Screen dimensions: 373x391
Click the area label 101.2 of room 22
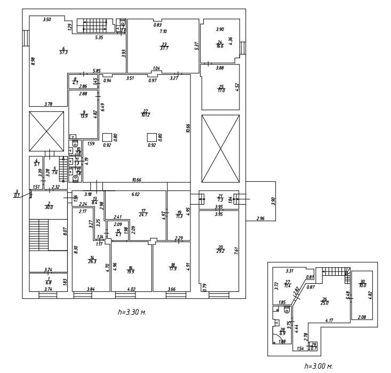click(145, 114)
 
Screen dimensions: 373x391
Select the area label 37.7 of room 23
click(164, 48)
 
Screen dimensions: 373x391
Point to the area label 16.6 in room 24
click(220, 47)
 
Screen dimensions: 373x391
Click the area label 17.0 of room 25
click(221, 90)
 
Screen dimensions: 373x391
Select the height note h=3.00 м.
click(318, 366)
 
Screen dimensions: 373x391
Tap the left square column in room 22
click(107, 137)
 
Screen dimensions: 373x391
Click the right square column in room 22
click(152, 137)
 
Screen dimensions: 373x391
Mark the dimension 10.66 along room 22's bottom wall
click(141, 180)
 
